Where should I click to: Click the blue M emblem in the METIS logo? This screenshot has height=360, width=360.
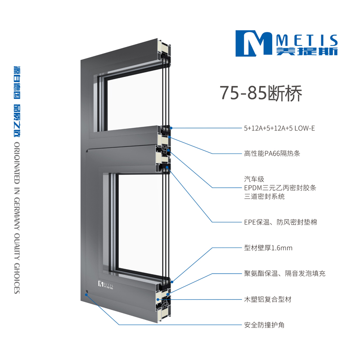[x=254, y=43]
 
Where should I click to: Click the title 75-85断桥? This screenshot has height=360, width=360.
[x=261, y=93]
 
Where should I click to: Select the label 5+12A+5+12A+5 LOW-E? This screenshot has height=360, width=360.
[x=279, y=128]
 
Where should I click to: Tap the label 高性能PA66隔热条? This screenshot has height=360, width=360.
[x=272, y=153]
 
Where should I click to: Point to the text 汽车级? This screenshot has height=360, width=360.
[x=254, y=179]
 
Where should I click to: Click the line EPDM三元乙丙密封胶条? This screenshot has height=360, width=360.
[x=280, y=188]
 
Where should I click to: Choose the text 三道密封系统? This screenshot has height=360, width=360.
[x=264, y=197]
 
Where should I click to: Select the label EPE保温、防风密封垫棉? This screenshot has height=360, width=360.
[x=280, y=222]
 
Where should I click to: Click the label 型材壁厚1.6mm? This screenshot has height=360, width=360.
[x=268, y=248]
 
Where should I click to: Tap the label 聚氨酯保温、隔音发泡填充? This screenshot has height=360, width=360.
[x=285, y=274]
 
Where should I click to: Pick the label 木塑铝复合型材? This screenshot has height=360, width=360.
[x=268, y=299]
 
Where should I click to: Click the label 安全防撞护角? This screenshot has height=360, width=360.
[x=264, y=325]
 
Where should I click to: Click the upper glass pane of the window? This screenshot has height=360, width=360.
[x=134, y=101]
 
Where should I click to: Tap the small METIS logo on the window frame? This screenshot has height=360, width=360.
[x=106, y=285]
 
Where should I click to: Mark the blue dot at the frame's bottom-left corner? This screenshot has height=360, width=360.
[x=86, y=295]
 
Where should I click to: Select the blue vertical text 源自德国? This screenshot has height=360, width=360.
[x=17, y=83]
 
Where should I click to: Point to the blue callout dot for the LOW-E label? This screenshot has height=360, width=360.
[x=171, y=128]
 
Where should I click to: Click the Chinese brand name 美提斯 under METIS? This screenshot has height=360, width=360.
[x=307, y=51]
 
